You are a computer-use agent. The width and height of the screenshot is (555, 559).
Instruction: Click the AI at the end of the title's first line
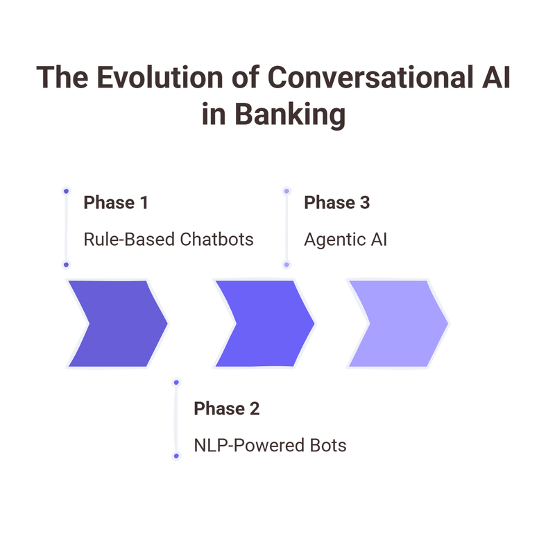click(x=494, y=78)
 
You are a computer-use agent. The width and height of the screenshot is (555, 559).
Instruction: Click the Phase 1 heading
click(x=115, y=203)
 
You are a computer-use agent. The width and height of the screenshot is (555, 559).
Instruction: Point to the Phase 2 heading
click(x=226, y=408)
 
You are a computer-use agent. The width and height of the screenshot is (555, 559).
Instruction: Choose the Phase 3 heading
click(x=337, y=203)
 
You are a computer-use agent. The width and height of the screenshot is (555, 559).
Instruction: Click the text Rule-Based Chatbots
click(x=169, y=240)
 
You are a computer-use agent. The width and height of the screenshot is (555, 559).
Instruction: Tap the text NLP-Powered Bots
click(x=270, y=445)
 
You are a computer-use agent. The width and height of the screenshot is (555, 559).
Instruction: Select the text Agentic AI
click(x=345, y=240)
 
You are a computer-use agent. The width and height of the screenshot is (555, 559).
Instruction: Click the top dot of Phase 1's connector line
click(x=66, y=190)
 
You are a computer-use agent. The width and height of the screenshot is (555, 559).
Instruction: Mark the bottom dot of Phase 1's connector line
click(x=66, y=265)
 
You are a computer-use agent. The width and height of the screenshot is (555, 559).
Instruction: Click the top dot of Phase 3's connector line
click(x=287, y=190)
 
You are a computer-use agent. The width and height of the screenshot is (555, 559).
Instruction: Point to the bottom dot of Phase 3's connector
click(x=287, y=265)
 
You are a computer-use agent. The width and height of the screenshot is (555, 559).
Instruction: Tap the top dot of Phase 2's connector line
click(x=176, y=382)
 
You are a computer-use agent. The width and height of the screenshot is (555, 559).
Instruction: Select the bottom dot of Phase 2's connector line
click(x=176, y=456)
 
